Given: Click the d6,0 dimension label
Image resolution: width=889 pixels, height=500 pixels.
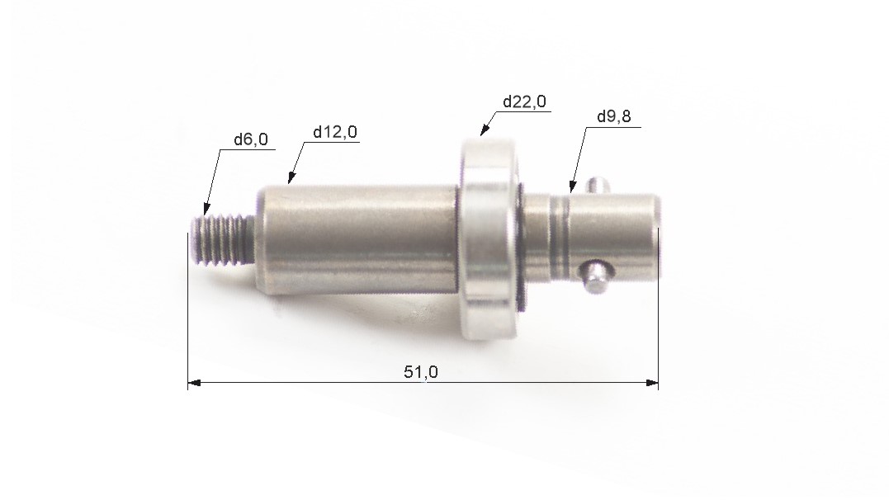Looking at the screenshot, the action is tap(251, 139).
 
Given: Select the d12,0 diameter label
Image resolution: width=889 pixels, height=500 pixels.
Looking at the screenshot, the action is tap(335, 132).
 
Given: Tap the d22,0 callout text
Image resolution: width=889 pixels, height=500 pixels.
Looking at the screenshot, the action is tap(524, 101).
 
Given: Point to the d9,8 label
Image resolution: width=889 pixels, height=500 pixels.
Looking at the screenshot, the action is tap(614, 117).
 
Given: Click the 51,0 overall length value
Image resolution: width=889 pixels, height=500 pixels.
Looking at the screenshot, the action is tap(421, 372).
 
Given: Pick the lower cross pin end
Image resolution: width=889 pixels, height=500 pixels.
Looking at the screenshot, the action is tap(595, 276).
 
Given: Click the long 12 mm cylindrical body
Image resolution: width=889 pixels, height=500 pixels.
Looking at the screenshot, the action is tap(357, 239).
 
